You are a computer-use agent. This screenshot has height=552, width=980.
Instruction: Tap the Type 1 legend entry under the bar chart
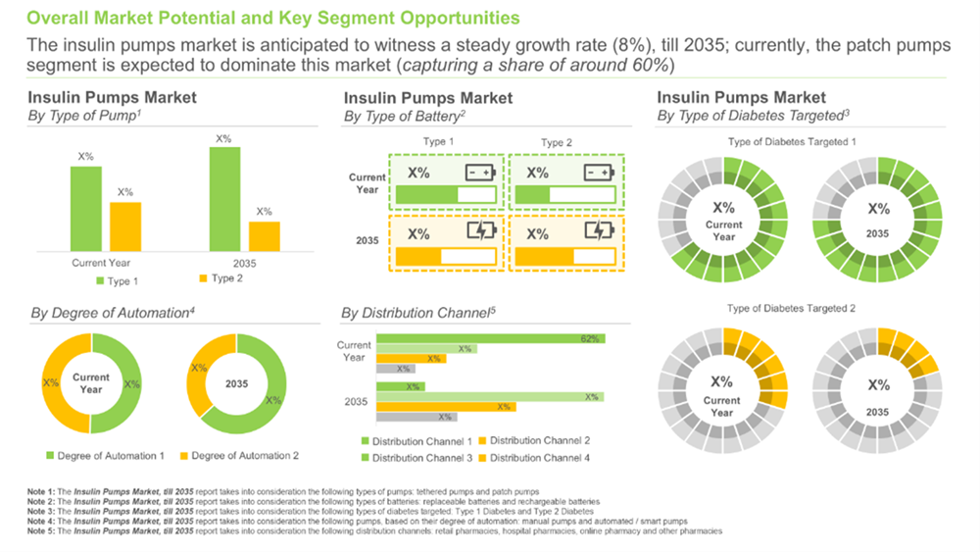click(x=118, y=281)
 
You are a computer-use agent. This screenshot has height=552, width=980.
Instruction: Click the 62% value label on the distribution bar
click(x=589, y=339)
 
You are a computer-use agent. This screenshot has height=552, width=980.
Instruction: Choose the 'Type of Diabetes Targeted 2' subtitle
click(x=792, y=309)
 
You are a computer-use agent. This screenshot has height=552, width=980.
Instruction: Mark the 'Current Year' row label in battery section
click(x=366, y=183)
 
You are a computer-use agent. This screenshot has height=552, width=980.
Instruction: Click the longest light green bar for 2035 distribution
click(x=490, y=397)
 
